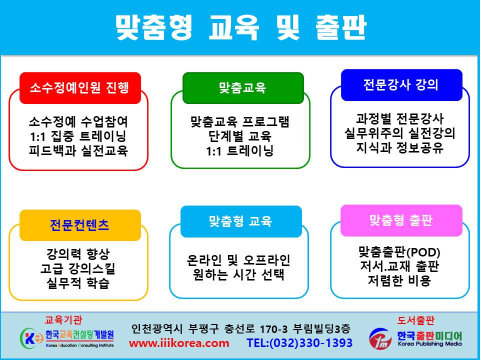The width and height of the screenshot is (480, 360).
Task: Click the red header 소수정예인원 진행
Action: coord(80,88)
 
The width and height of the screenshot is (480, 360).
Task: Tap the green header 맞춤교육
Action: coord(243,88)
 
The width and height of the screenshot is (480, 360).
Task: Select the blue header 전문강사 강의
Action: coord(401,85)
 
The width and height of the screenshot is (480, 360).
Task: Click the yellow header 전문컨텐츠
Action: coord(80,225)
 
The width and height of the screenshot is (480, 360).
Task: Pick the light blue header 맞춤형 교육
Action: coord(241,221)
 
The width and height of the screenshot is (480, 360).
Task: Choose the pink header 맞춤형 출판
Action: coord(401,220)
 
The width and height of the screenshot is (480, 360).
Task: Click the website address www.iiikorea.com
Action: coord(179,343)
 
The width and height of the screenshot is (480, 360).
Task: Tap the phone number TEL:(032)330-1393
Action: coord(299,343)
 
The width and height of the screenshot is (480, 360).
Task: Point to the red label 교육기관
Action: coord(63,320)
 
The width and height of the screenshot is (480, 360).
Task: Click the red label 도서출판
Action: coord(415,320)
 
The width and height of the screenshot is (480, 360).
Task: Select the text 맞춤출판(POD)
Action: coord(399,252)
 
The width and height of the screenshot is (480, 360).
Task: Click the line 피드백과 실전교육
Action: coord(78,150)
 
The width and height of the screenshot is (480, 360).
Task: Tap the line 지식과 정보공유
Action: coord(400,148)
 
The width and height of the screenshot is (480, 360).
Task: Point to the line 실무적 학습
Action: coord(78,283)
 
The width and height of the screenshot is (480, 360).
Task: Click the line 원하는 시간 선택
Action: coord(239,274)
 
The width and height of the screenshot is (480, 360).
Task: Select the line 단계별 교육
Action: coord(240,136)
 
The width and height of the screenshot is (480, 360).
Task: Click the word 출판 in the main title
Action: coord(341,27)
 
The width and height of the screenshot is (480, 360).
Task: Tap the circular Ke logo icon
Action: coord(31,338)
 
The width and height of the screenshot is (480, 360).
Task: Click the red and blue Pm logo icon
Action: coord(380,338)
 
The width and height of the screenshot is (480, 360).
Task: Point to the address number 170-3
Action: coord(273,329)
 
